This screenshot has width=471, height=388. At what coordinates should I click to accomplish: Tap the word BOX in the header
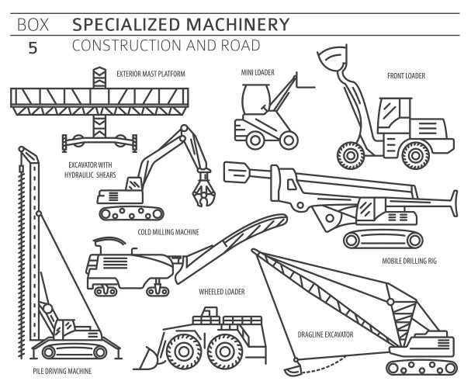[32, 24]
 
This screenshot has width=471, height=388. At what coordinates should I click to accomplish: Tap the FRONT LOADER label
[406, 76]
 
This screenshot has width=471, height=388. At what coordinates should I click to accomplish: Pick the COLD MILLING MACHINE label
[168, 232]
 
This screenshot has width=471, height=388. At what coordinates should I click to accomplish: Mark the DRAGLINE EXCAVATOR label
[325, 334]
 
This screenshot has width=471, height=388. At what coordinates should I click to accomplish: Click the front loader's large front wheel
[351, 154]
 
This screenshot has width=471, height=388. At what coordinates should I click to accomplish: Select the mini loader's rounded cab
[253, 100]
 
